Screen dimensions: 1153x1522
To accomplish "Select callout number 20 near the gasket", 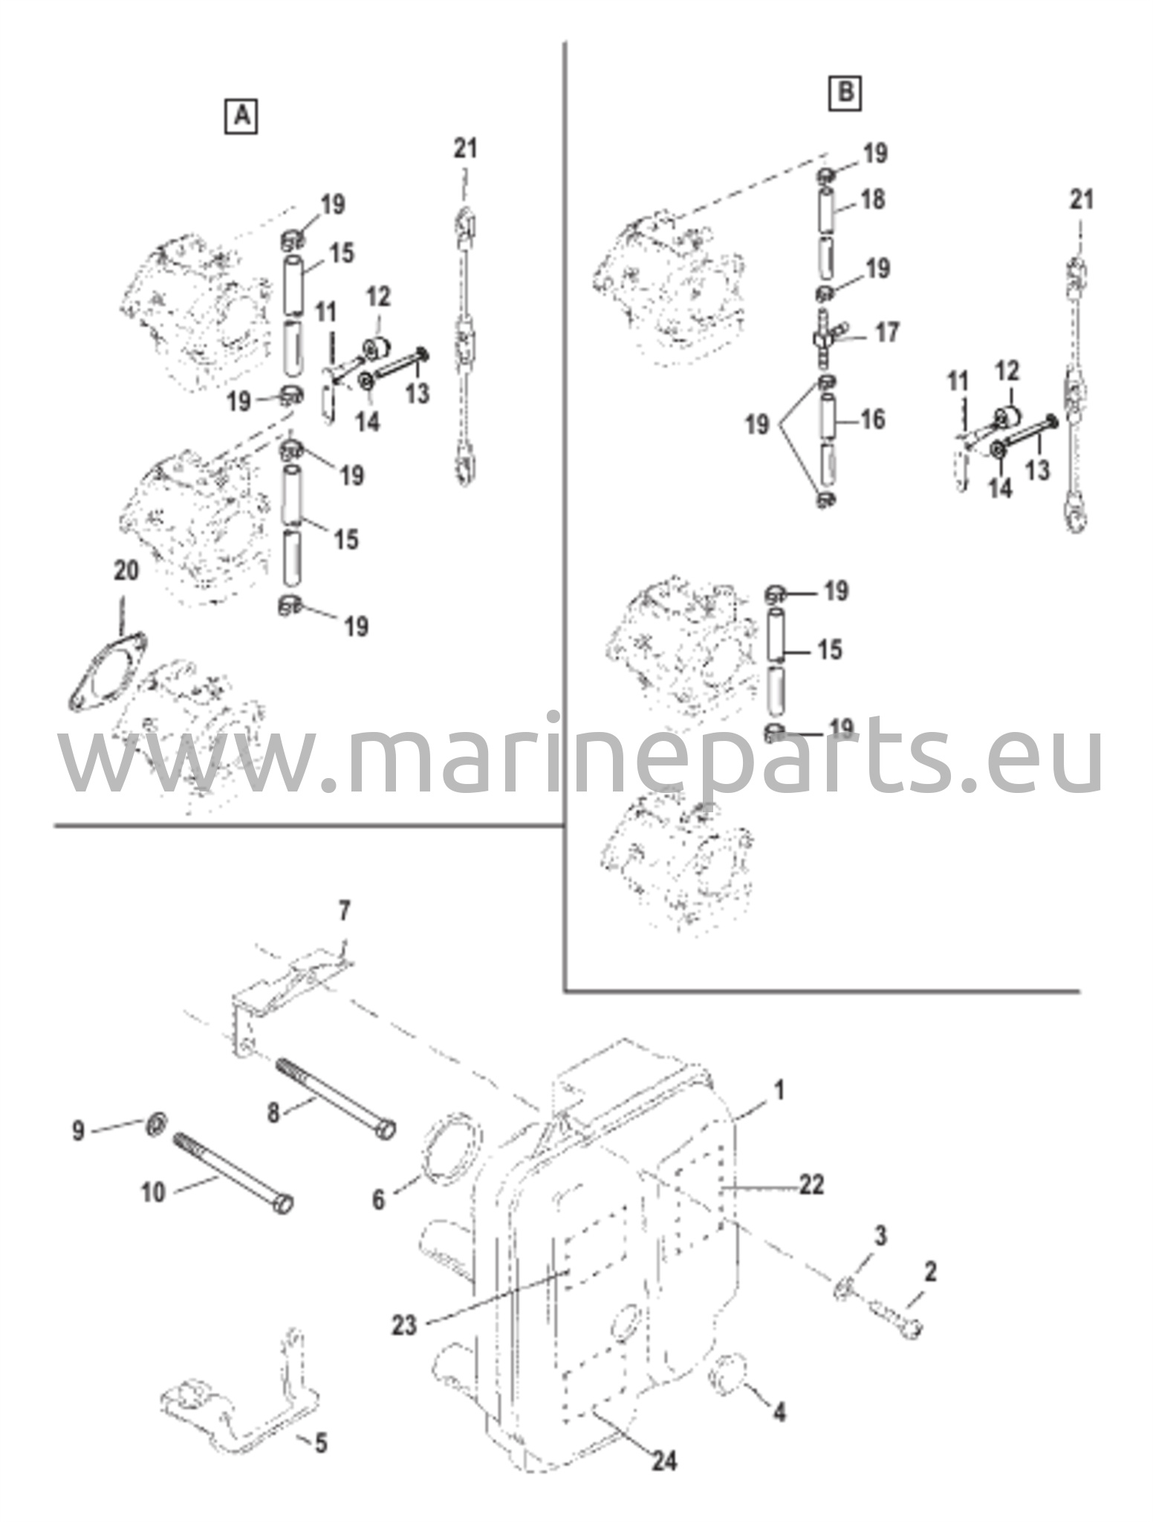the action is (x=126, y=571).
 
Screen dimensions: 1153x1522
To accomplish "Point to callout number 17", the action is (x=887, y=332).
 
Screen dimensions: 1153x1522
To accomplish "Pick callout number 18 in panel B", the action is (x=874, y=199).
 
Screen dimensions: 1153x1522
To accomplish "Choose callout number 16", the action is (x=873, y=419).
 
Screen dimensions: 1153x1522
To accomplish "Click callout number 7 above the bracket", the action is (x=344, y=910).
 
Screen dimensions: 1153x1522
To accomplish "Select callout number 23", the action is (x=405, y=1325).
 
